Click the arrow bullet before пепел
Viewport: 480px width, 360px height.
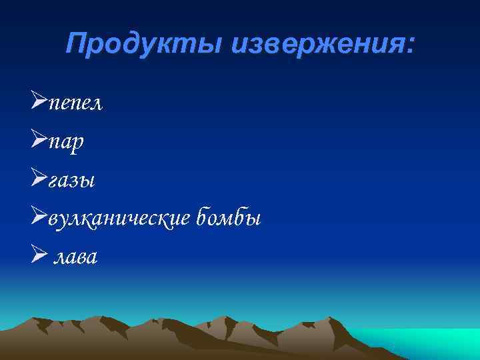pos(39,104)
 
